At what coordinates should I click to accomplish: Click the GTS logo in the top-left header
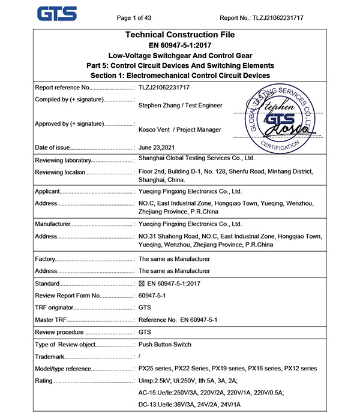pos(56,13)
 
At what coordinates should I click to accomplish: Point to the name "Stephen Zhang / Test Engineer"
pos(180,105)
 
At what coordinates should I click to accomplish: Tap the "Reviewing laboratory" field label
pos(63,161)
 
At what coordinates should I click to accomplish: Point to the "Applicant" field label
pos(48,192)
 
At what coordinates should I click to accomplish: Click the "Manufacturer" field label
pos(53,224)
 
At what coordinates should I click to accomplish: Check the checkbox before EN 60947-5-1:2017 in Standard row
pos(142,284)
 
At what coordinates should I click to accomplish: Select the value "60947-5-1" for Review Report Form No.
pos(152,296)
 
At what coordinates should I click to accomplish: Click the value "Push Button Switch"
pos(165,345)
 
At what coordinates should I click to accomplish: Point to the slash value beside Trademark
pos(140,357)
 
